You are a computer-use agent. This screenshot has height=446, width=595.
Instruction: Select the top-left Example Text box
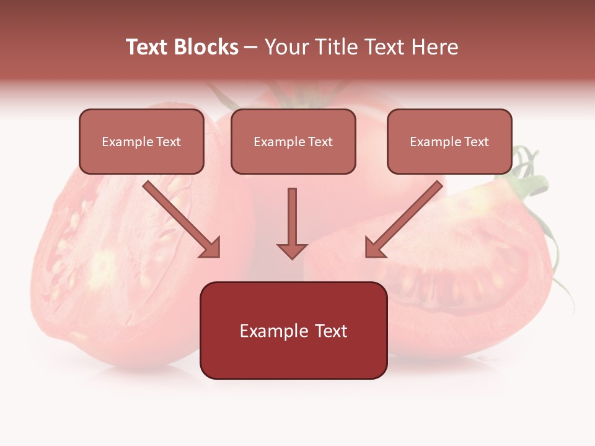coord(141,142)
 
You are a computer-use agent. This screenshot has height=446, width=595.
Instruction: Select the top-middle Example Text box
coord(293,142)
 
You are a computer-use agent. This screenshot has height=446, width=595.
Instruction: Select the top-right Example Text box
coord(449,142)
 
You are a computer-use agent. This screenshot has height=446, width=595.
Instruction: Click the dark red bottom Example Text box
coord(293,331)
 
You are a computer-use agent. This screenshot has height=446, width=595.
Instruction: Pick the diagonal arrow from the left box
coord(180,218)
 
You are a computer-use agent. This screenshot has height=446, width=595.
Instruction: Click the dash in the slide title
coord(251,47)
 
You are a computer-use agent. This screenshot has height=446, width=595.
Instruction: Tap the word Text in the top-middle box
coord(320,142)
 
